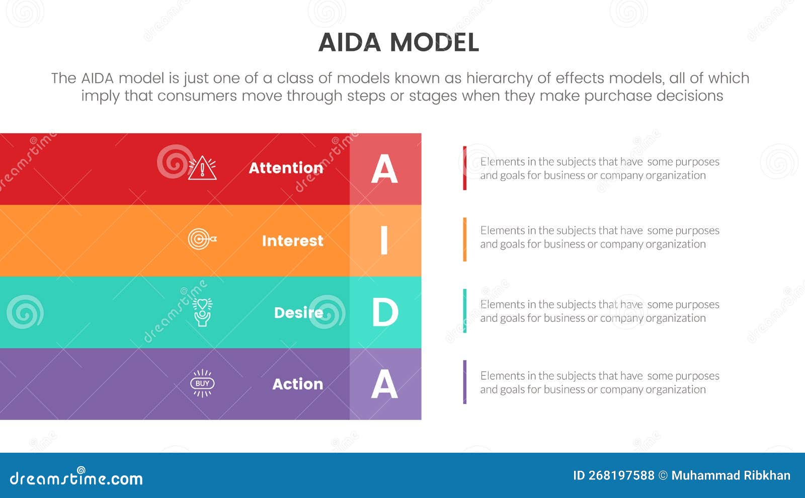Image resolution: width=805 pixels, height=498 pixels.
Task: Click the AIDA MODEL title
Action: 398,42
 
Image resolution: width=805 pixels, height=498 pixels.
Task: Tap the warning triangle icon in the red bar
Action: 202,169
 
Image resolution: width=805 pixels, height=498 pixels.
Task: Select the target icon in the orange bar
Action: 201,239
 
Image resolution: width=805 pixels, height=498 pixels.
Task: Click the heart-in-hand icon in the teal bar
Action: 202,312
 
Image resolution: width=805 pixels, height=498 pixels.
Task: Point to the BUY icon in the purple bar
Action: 202,383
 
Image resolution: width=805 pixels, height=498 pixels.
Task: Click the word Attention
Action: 286,168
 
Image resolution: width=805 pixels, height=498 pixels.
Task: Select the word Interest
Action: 292,241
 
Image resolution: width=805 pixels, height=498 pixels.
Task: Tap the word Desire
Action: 298,313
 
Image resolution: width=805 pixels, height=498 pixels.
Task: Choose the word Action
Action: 297,384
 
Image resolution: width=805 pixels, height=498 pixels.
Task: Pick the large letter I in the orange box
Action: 384,240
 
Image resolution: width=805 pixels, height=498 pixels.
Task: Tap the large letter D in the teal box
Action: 385,312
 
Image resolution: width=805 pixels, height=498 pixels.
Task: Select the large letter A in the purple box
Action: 384,384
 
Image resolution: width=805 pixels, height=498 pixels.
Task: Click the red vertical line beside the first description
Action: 464,168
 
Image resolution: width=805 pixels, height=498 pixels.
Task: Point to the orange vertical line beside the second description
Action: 464,239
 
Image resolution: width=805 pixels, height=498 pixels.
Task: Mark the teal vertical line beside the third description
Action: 464,311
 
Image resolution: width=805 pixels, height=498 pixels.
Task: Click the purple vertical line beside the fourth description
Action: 464,382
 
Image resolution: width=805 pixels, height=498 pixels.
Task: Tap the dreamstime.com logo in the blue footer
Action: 76,478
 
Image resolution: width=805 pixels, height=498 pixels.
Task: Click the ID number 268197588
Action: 621,475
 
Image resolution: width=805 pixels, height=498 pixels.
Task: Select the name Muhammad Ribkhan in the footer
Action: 731,475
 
